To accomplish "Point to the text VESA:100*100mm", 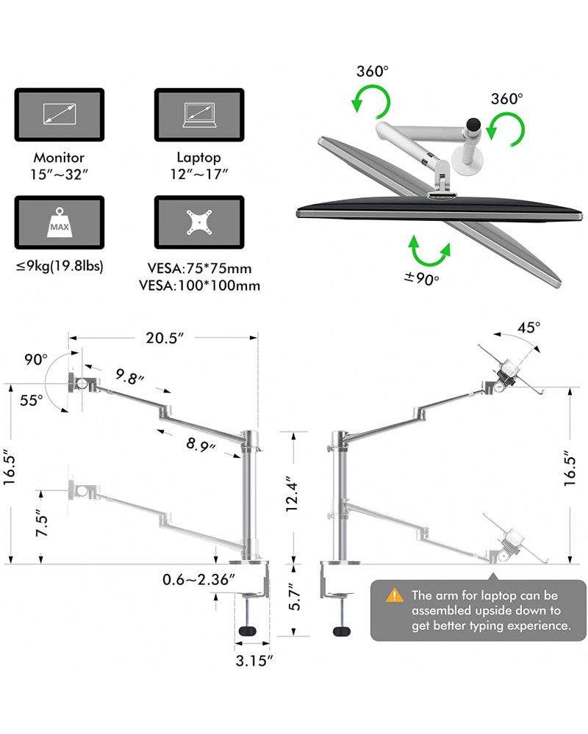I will coord(200,286).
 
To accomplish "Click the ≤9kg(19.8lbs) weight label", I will coord(60,265).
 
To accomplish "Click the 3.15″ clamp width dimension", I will coord(254,660).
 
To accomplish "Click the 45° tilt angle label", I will coord(528,327).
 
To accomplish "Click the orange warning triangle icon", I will coord(396,595).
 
